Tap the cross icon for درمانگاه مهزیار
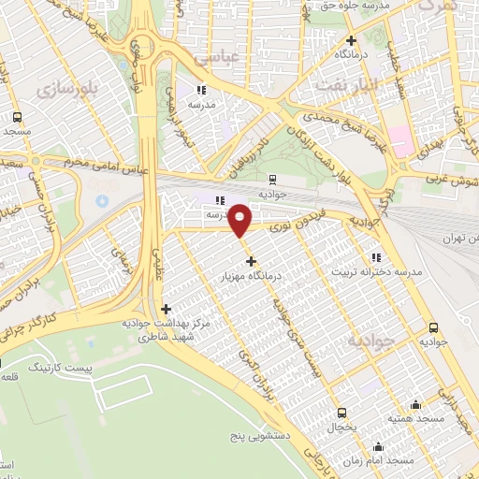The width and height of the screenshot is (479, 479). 251,260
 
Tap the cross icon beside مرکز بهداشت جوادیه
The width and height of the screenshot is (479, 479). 166,309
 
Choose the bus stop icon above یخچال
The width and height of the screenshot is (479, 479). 341,412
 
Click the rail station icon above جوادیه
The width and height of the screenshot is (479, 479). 272,178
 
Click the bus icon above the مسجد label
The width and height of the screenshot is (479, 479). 17,118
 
